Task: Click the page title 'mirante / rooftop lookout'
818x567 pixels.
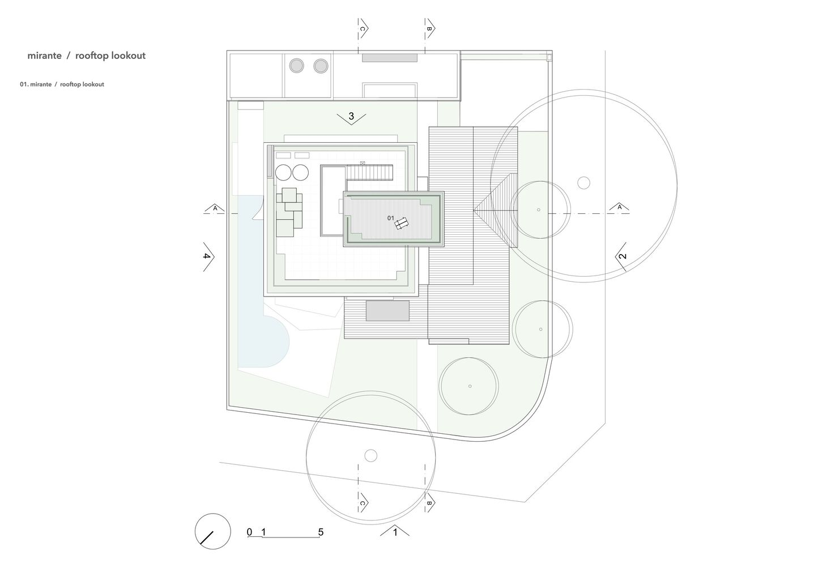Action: click(x=87, y=56)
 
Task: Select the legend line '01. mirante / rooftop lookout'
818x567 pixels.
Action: click(x=62, y=84)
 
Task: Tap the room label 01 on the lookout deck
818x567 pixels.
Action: click(x=390, y=218)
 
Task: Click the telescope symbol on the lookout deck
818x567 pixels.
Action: click(x=402, y=223)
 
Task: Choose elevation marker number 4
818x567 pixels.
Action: click(x=207, y=256)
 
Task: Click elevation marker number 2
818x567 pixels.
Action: click(x=621, y=256)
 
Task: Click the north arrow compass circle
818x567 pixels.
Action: click(x=213, y=531)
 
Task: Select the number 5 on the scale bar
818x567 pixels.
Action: click(x=321, y=532)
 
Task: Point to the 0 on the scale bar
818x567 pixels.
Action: click(x=249, y=532)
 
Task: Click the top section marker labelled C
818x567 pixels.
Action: click(x=363, y=28)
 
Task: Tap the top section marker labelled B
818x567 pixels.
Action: click(x=429, y=28)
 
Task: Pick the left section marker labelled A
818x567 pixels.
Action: click(x=215, y=209)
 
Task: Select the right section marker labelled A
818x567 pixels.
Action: click(x=619, y=208)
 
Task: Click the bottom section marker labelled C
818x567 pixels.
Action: click(x=363, y=503)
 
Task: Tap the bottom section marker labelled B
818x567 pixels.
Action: click(x=429, y=503)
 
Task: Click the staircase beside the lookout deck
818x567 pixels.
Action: click(x=369, y=172)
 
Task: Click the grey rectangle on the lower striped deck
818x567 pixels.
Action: click(x=387, y=311)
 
